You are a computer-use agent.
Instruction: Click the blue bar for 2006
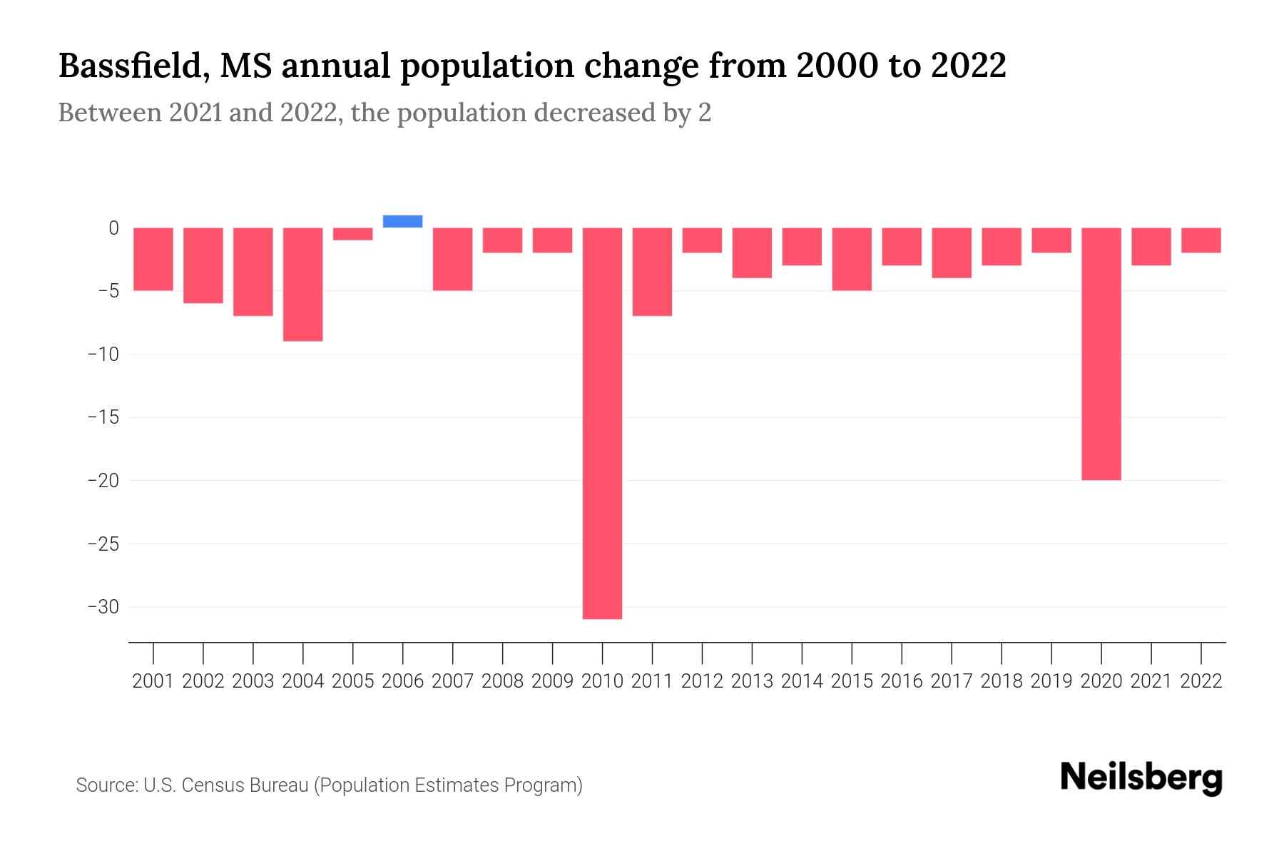tap(402, 221)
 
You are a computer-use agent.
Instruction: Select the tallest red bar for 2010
tap(602, 423)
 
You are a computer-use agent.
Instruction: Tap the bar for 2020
tap(1101, 354)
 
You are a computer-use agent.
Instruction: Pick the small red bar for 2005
tap(352, 234)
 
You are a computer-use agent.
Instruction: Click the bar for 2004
tap(302, 284)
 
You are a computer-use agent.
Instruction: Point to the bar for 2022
tap(1201, 240)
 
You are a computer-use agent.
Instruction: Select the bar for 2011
tap(652, 272)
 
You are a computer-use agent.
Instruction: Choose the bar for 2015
tap(852, 259)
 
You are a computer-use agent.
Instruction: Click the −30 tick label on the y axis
tap(103, 607)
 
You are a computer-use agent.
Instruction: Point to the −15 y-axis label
tap(103, 417)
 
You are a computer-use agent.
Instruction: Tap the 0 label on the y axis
tap(113, 228)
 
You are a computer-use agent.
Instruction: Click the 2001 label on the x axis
tap(153, 681)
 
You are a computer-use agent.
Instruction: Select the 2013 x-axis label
tap(752, 681)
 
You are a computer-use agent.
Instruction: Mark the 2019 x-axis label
tap(1051, 681)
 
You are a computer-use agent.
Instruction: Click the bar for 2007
tap(452, 259)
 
